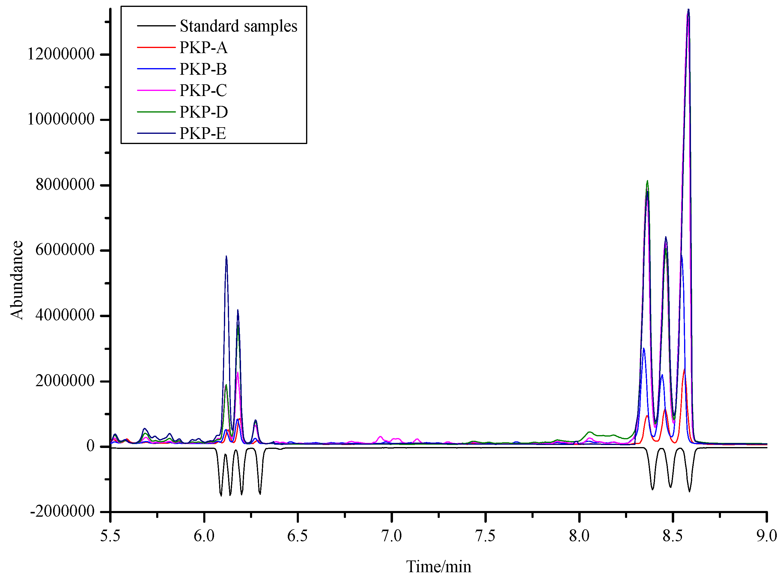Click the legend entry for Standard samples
[238, 26]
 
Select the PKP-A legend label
[204, 47]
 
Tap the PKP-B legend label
[203, 69]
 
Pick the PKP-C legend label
[203, 90]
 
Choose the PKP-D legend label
[204, 112]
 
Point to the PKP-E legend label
[203, 133]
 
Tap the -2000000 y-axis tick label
[62, 512]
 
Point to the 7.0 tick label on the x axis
[392, 536]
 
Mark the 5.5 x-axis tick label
[110, 536]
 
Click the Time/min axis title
[439, 566]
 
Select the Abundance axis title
[17, 280]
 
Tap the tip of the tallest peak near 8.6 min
[688, 10]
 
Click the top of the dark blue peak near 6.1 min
[226, 256]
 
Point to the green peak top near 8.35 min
[647, 181]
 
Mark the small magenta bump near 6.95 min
[381, 437]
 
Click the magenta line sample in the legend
[156, 90]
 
